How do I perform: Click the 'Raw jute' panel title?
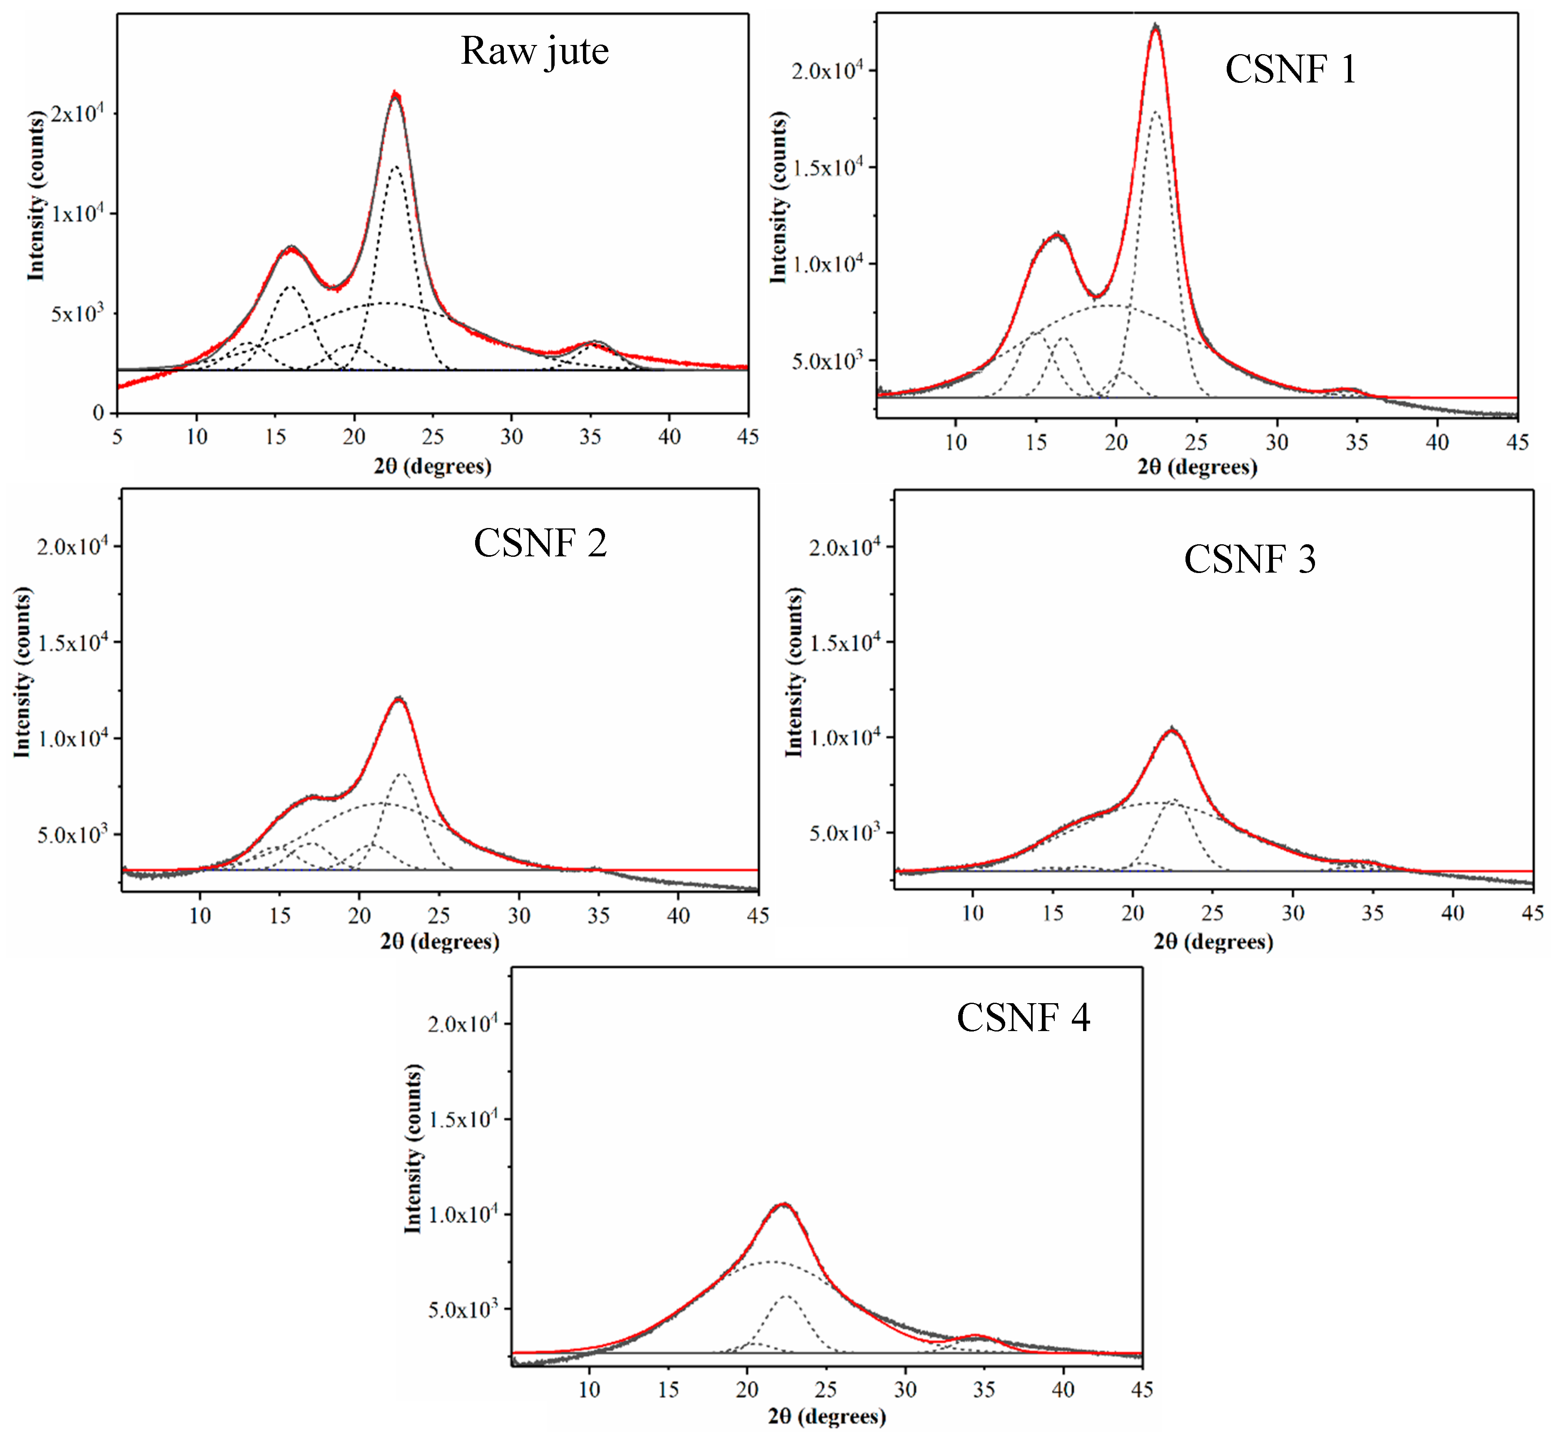pyautogui.click(x=535, y=52)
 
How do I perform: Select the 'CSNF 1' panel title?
pyautogui.click(x=1290, y=70)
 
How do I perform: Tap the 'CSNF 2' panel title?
pyautogui.click(x=540, y=543)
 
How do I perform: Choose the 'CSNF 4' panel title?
pyautogui.click(x=1023, y=1018)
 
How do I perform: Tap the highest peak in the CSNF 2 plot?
pyautogui.click(x=400, y=699)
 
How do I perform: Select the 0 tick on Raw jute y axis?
pyautogui.click(x=98, y=413)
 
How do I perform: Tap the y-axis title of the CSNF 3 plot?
pyautogui.click(x=793, y=673)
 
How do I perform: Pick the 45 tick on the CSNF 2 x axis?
pyautogui.click(x=757, y=916)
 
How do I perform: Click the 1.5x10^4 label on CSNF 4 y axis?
pyautogui.click(x=462, y=1120)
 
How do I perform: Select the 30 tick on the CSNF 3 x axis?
pyautogui.click(x=1292, y=913)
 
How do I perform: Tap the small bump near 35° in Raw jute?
pyautogui.click(x=594, y=343)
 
